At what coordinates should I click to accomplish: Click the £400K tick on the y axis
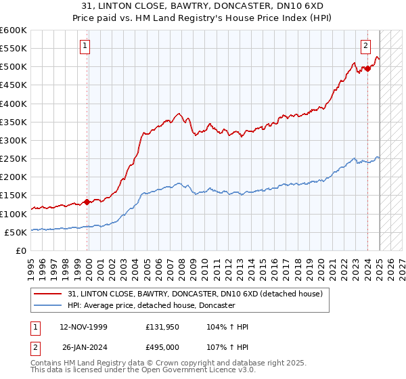pyautogui.click(x=14, y=104)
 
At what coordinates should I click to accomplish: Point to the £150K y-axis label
pyautogui.click(x=14, y=195)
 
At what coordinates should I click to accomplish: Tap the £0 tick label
pyautogui.click(x=21, y=250)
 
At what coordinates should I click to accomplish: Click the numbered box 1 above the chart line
pyautogui.click(x=86, y=46)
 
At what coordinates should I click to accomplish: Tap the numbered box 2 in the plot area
pyautogui.click(x=365, y=46)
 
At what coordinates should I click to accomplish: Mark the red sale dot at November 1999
pyautogui.click(x=87, y=202)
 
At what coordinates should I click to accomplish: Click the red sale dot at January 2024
pyautogui.click(x=367, y=68)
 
